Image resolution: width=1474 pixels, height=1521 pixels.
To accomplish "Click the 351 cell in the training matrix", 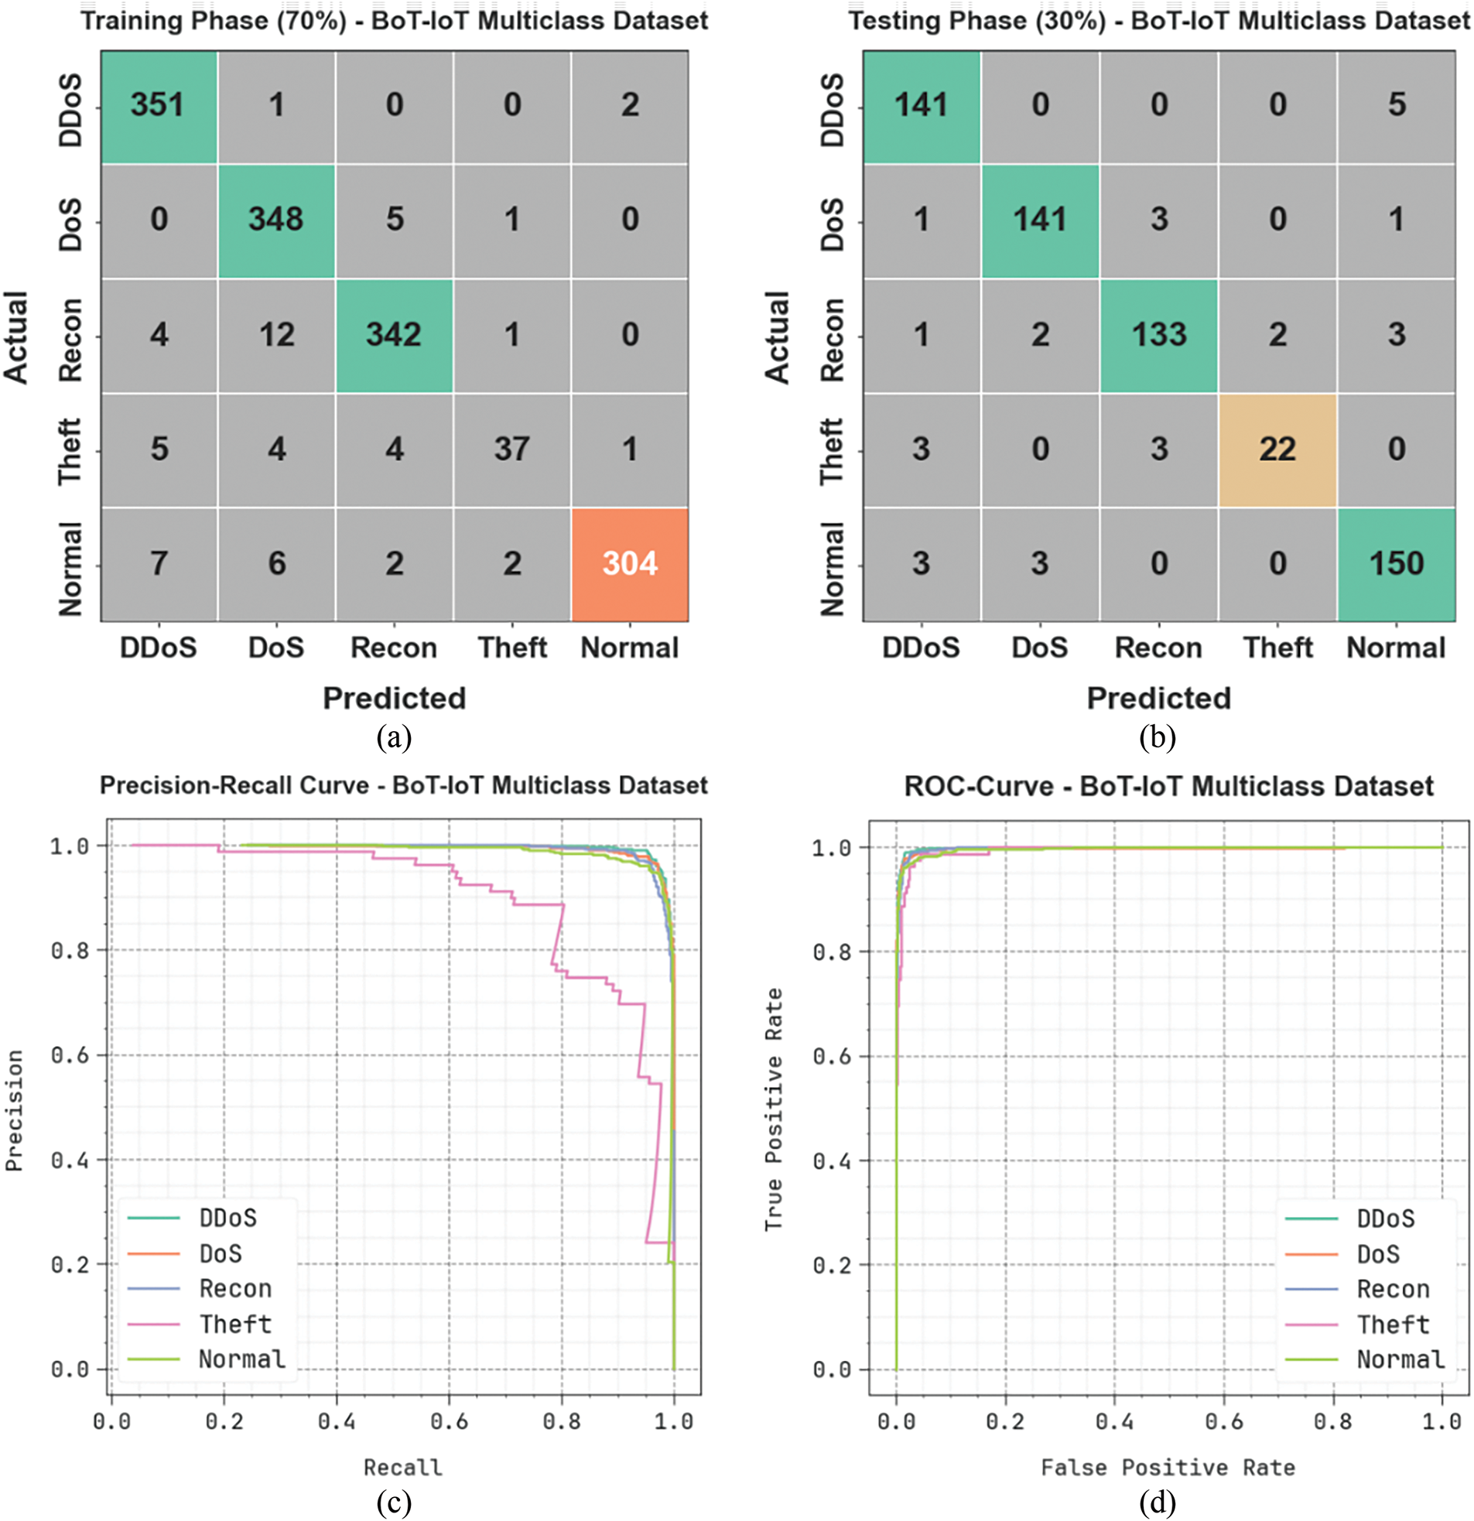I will pos(158,104).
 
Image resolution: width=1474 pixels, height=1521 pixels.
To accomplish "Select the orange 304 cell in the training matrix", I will pos(630,563).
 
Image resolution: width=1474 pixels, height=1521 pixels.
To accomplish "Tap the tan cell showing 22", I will pos(1277,449).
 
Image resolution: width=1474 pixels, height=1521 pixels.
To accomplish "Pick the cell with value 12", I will pos(276,334).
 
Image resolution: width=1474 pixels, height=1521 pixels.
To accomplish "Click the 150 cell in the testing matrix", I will pos(1396,563).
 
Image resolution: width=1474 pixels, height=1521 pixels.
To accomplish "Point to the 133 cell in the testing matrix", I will pos(1158,334).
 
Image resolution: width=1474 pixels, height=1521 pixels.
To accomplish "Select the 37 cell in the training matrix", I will pos(511,449).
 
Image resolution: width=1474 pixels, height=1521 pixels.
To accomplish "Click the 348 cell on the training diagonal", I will pos(276,220).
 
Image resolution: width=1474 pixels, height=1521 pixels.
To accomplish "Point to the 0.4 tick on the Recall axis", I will pos(337,1422).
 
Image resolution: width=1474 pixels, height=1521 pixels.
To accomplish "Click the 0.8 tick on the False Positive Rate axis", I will pos(1332,1422).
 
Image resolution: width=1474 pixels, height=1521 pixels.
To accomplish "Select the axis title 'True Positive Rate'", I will pos(773,1109).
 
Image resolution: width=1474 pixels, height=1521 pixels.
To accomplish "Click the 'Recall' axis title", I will pos(403,1468).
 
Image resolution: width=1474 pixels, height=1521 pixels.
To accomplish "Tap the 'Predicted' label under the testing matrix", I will pos(1158,699).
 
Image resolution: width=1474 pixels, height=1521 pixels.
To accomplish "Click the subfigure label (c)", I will pos(394,1503).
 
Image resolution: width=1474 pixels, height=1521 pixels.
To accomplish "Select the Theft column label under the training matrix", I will pos(511,648).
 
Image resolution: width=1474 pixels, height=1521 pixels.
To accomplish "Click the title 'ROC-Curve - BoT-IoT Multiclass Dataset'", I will pos(1168,786).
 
